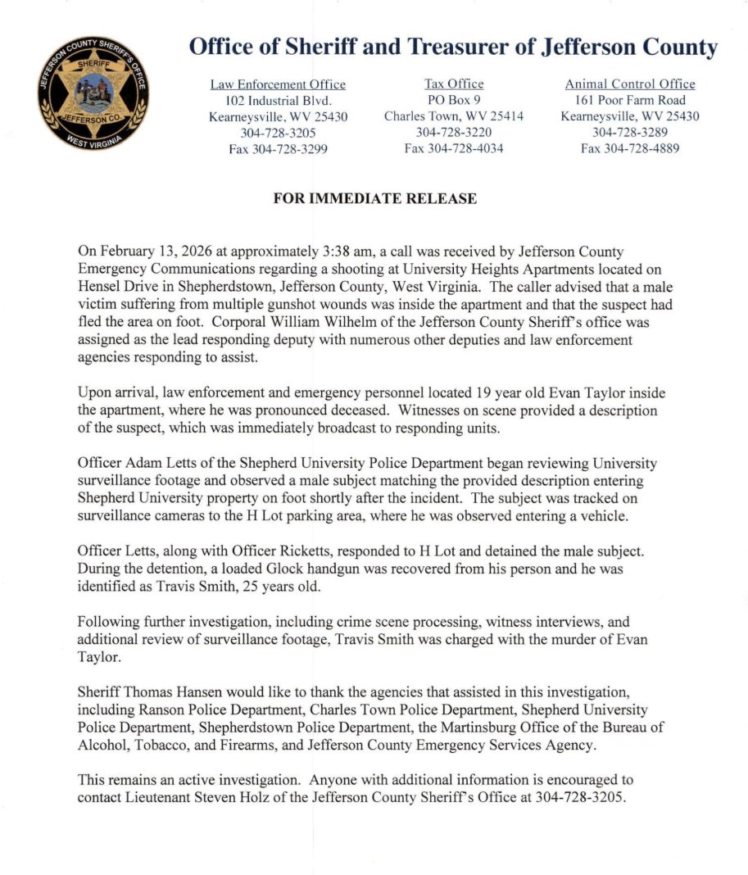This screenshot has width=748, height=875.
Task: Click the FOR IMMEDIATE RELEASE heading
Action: [x=374, y=199]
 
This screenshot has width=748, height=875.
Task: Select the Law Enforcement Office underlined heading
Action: [x=278, y=84]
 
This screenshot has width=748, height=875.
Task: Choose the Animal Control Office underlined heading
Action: [x=629, y=84]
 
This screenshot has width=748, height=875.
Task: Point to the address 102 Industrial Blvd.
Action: [x=278, y=101]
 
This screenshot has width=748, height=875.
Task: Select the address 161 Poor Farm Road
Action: [x=629, y=101]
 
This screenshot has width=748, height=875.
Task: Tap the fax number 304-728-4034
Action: [x=453, y=148]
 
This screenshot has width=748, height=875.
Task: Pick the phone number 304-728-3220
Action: [x=453, y=132]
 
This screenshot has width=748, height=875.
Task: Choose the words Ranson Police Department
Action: [x=215, y=709]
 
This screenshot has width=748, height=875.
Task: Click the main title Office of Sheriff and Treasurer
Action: [x=364, y=48]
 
